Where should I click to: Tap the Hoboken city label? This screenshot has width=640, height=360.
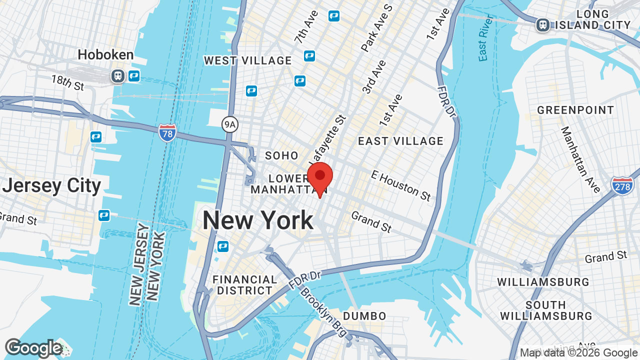tap(105, 54)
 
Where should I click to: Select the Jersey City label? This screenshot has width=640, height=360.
tap(51, 185)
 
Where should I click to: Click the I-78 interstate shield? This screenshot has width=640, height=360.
tap(167, 133)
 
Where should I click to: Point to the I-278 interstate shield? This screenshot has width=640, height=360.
tap(622, 185)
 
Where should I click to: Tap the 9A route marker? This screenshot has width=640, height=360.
tap(229, 124)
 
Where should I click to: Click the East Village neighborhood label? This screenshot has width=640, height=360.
tap(400, 141)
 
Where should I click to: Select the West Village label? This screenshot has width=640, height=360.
tap(247, 60)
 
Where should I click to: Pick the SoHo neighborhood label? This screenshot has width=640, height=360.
tap(281, 155)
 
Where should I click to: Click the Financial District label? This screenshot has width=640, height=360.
tap(244, 284)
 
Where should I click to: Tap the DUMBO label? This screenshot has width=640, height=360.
tap(364, 316)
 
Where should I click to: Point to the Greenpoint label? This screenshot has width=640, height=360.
tap(575, 110)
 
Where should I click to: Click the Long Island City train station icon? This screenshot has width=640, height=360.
tap(542, 24)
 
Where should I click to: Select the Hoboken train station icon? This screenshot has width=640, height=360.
tap(118, 76)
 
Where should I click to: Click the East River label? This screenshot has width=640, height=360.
tap(485, 38)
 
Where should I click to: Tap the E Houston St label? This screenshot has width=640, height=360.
tap(400, 185)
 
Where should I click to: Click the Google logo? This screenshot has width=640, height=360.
tap(33, 348)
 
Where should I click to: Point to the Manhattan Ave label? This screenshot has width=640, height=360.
tap(580, 159)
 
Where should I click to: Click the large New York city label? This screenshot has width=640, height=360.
tap(257, 220)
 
